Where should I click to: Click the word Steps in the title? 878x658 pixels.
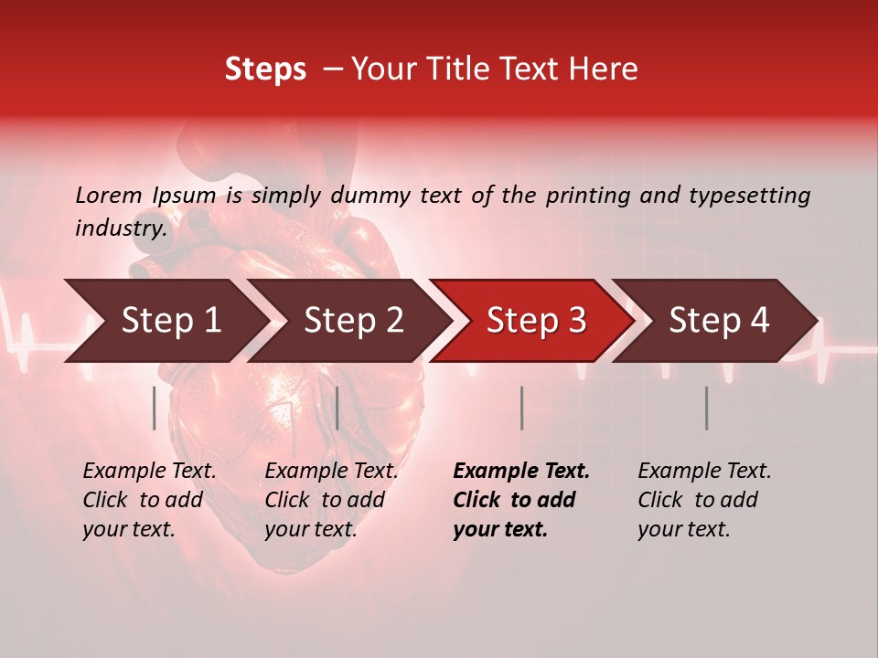(265, 69)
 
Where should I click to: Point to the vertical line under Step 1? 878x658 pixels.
(155, 408)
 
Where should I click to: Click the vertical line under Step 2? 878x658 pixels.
(337, 408)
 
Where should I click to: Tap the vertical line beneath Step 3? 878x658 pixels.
(522, 408)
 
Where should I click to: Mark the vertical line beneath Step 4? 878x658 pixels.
(707, 408)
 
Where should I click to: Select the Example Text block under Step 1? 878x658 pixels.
(149, 500)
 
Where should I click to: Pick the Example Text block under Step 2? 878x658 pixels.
(331, 500)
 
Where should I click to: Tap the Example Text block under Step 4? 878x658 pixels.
(704, 500)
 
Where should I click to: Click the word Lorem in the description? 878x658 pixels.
(109, 196)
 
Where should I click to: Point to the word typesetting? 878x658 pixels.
(756, 196)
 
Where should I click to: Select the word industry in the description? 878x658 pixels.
(120, 228)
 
